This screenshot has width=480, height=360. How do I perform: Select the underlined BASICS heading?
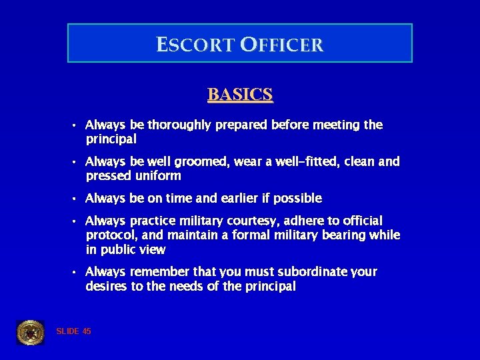(x=240, y=95)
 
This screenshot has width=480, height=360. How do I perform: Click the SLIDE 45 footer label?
(x=74, y=331)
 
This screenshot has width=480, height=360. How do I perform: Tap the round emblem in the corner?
(x=30, y=332)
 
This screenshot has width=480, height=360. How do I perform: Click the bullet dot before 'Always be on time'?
(x=76, y=199)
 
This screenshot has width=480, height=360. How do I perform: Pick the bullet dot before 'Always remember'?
(x=76, y=272)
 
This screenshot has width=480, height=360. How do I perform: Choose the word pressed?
(x=107, y=176)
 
